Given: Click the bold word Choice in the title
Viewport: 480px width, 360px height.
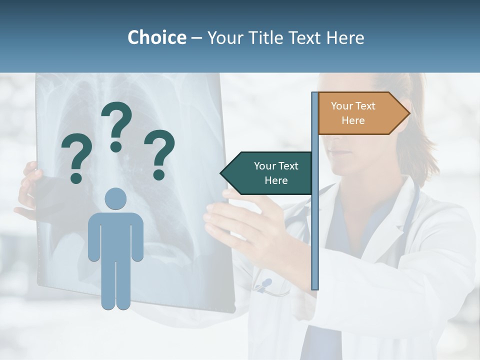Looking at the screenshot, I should [x=156, y=37].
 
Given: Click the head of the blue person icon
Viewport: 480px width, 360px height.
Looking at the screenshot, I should [x=115, y=198].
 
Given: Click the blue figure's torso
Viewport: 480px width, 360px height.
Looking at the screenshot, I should [x=115, y=235].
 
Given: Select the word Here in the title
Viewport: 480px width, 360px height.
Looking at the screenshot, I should [x=345, y=37].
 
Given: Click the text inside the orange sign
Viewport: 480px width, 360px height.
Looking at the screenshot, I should [x=353, y=113].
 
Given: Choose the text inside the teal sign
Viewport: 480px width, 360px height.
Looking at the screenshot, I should [x=276, y=173].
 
